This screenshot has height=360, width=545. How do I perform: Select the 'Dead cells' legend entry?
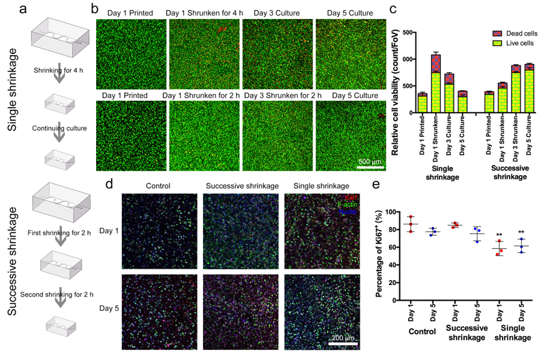(517, 32)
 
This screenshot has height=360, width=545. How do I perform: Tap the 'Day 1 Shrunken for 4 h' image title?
(202, 13)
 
